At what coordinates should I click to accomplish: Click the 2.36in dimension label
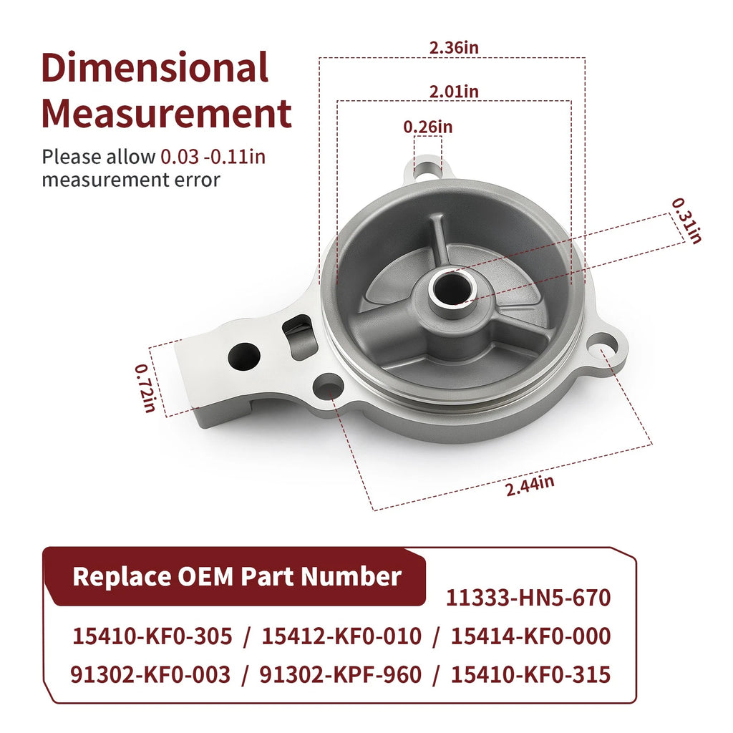[x=454, y=48]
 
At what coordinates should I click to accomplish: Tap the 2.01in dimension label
[x=454, y=92]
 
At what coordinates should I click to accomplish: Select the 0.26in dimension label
[x=428, y=127]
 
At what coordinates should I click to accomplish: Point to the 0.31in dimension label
[x=686, y=221]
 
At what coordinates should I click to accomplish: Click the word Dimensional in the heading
[x=155, y=67]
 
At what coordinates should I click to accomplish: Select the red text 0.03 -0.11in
[x=213, y=157]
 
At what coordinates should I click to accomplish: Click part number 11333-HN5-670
[x=528, y=598]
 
